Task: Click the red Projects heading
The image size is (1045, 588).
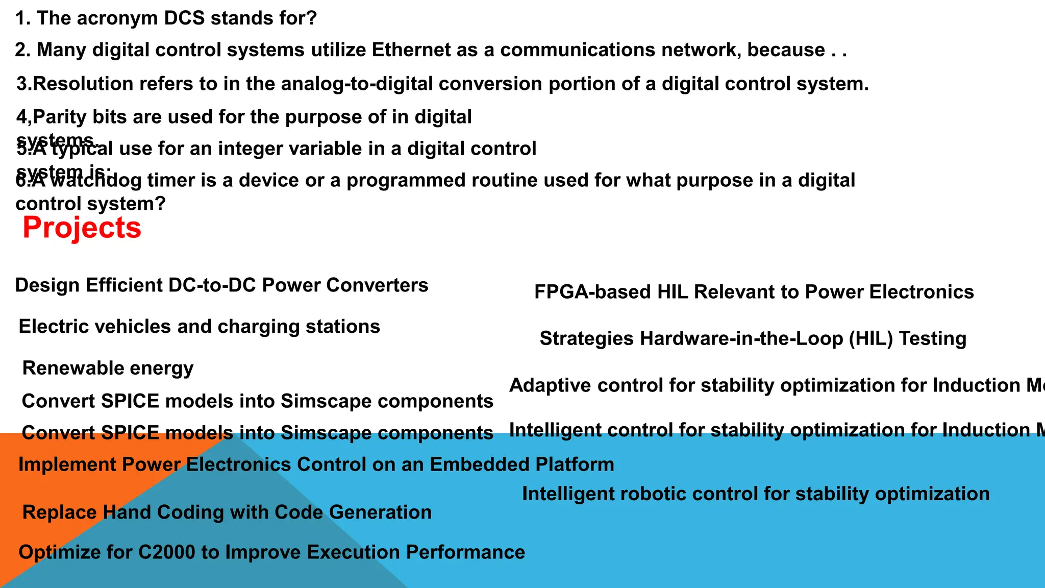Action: pyautogui.click(x=82, y=228)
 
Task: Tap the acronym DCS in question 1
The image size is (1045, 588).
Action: pyautogui.click(x=184, y=18)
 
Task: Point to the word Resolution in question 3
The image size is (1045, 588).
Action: pyautogui.click(x=82, y=84)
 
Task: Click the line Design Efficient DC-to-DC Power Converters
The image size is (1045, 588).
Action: pyautogui.click(x=221, y=285)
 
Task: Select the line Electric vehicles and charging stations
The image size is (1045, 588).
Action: pyautogui.click(x=199, y=327)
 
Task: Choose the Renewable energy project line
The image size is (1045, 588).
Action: pyautogui.click(x=108, y=368)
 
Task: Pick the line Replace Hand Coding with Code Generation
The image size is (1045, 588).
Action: pyautogui.click(x=227, y=512)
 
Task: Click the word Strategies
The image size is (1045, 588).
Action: pyautogui.click(x=586, y=339)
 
